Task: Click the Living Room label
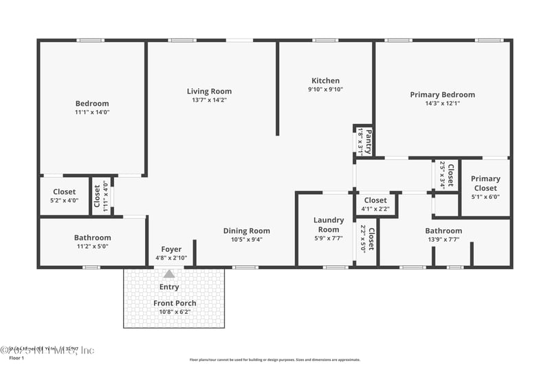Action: click(x=209, y=91)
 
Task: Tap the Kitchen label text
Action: click(x=325, y=80)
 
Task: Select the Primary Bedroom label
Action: click(x=442, y=94)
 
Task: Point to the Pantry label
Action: click(x=368, y=141)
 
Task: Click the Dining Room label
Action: click(x=246, y=231)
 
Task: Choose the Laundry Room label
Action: click(x=329, y=224)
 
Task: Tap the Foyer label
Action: click(x=171, y=249)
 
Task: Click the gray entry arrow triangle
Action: click(x=169, y=273)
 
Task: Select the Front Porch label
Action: click(x=175, y=303)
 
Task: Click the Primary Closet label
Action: click(x=485, y=183)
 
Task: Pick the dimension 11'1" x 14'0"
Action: click(x=92, y=112)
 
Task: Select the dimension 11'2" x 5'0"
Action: click(x=92, y=246)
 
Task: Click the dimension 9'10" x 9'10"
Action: click(x=325, y=89)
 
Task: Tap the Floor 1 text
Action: click(x=16, y=358)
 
